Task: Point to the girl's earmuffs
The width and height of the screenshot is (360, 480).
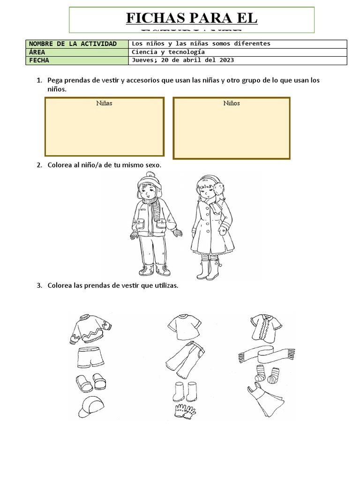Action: click(217, 187)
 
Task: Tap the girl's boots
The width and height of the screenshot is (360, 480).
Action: click(210, 271)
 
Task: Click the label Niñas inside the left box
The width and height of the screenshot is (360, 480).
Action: click(104, 103)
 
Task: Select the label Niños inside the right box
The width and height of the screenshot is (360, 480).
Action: click(232, 103)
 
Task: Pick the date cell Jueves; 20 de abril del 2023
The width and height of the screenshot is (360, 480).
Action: click(183, 60)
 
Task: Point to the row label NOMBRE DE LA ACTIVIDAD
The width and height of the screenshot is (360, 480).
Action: click(73, 44)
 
